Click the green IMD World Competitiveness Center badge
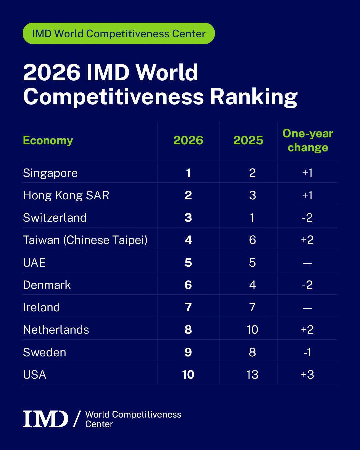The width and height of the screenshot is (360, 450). tap(119, 33)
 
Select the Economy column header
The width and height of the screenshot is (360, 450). tap(48, 141)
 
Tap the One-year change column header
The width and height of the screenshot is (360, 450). tap(308, 141)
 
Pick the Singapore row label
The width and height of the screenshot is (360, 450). tap(50, 173)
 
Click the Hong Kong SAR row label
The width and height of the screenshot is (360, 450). tap(66, 196)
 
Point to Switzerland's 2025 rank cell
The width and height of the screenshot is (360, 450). tap(252, 218)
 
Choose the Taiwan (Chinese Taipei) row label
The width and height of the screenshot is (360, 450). tap(85, 240)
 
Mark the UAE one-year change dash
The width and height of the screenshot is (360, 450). tap(307, 263)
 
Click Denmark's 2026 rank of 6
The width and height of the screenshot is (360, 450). tap(188, 285)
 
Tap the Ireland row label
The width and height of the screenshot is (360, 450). tap(41, 307)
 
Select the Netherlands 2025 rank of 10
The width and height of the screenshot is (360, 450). tap(252, 330)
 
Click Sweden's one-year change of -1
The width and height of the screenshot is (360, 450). tap(307, 352)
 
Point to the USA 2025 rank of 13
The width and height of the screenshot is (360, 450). tap(252, 375)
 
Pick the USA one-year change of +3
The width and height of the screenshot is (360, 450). tap(307, 375)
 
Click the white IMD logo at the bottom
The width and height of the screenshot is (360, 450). tap(45, 419)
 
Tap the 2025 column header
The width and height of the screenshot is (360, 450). tap(248, 140)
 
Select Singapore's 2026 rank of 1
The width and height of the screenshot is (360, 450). tap(188, 173)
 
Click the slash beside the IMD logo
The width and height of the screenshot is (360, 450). tap(77, 419)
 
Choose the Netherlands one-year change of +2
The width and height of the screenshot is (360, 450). tap(307, 330)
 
